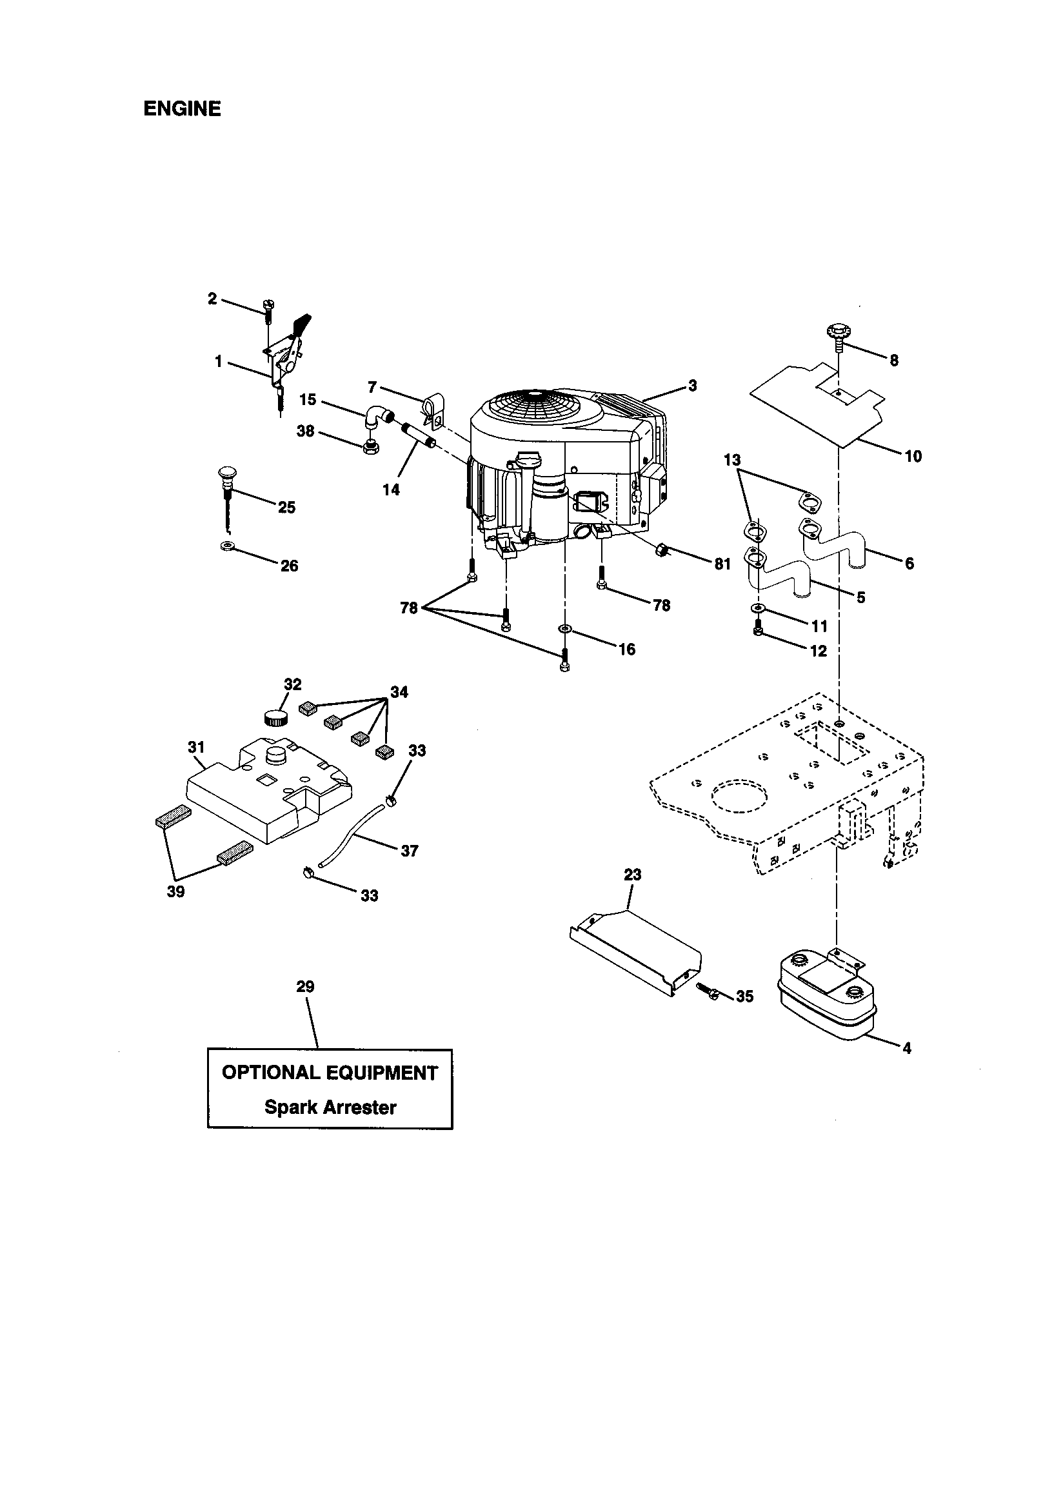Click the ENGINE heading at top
[x=182, y=108]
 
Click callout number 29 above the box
[x=305, y=1005]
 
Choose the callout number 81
[x=722, y=564]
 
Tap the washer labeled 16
[x=565, y=630]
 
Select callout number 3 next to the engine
[x=692, y=386]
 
